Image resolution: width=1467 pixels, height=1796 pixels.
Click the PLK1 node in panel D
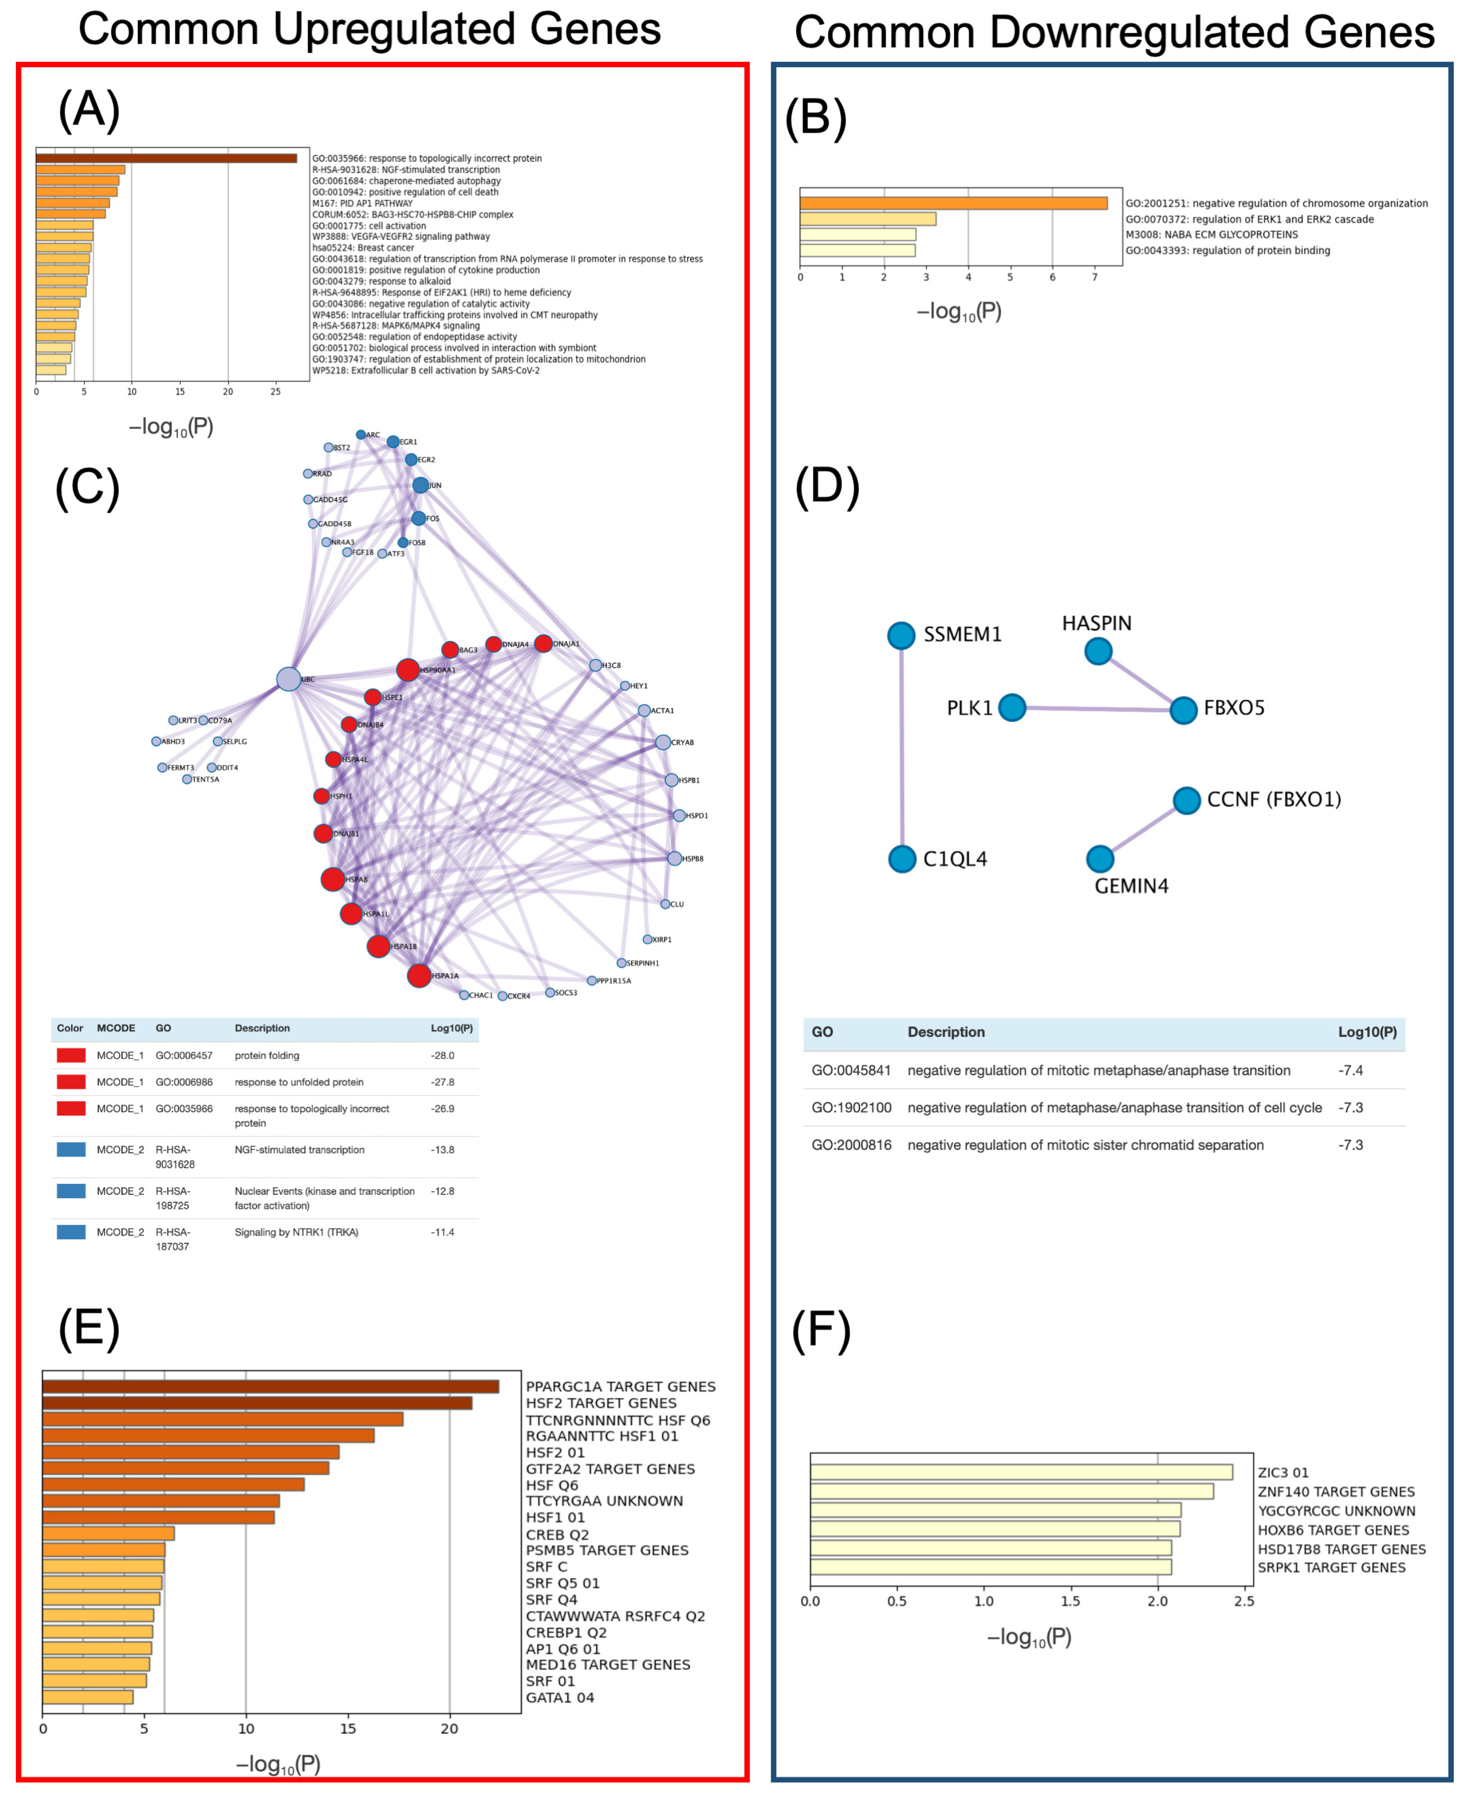click(1011, 707)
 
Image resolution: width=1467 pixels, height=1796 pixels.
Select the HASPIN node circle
click(1098, 651)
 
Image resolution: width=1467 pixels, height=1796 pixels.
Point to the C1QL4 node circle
click(903, 858)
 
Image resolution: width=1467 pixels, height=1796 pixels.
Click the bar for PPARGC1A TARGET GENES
click(270, 1386)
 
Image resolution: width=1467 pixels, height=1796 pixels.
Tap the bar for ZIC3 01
click(1021, 1471)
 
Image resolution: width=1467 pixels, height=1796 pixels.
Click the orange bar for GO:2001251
click(953, 203)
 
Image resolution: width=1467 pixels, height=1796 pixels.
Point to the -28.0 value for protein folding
click(443, 1056)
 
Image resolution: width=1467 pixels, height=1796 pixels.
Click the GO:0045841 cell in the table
click(851, 1070)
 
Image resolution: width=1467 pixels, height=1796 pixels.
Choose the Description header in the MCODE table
click(262, 1028)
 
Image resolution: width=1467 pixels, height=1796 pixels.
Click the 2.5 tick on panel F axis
click(1244, 1601)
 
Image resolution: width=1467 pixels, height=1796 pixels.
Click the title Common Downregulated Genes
click(1114, 32)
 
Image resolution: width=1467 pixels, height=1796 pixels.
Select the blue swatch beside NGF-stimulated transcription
click(71, 1149)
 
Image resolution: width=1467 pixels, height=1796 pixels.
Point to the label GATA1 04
click(560, 1697)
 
